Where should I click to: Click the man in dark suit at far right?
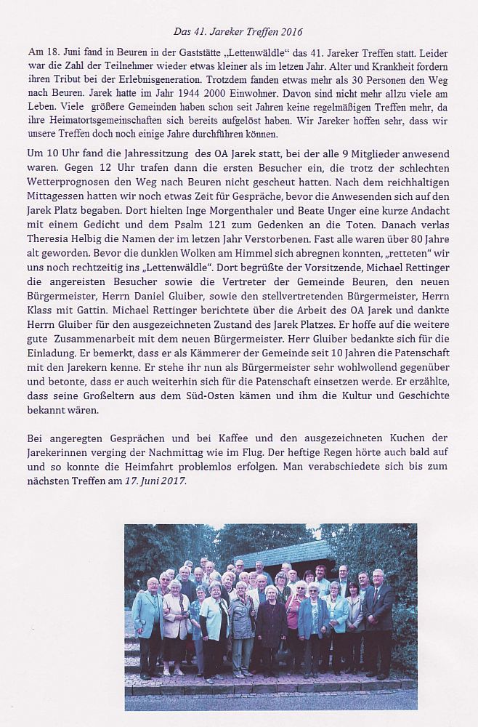[x=378, y=618]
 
